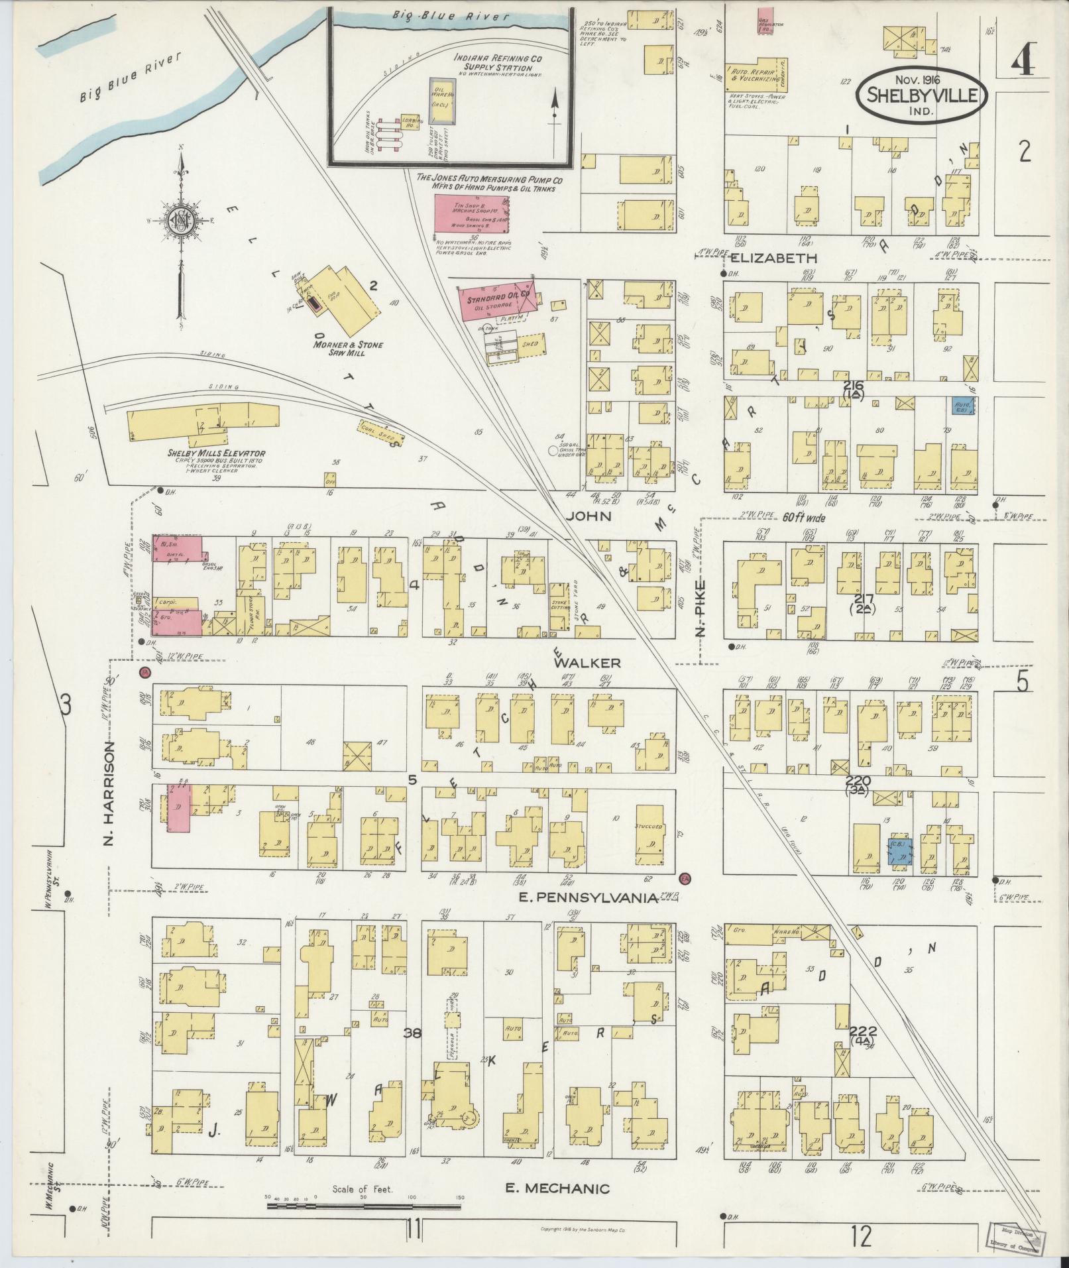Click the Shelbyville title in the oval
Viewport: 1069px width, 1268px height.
922,95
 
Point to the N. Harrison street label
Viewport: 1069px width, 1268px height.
110,793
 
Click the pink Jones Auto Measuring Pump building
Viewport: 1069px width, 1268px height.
472,213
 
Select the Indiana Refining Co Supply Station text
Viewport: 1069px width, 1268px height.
498,63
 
